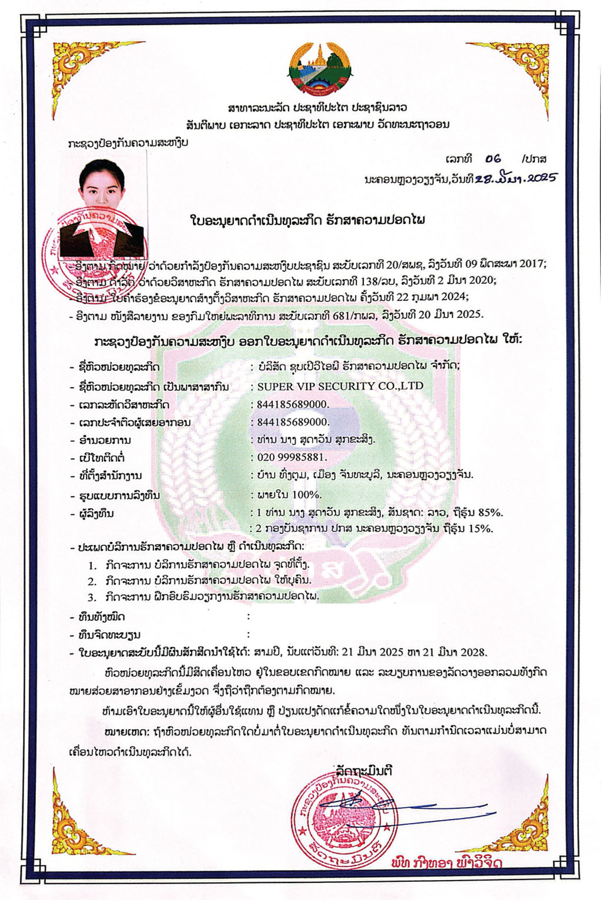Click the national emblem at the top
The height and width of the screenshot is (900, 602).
pyautogui.click(x=320, y=69)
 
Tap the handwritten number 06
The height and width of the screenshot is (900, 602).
pyautogui.click(x=493, y=159)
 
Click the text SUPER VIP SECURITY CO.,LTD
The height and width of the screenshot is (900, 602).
pyautogui.click(x=340, y=387)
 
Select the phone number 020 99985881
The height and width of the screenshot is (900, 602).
pyautogui.click(x=292, y=457)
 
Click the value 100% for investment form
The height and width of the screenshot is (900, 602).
pyautogui.click(x=306, y=495)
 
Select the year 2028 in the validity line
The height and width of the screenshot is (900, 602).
pyautogui.click(x=473, y=652)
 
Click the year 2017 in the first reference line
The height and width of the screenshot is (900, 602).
pyautogui.click(x=531, y=264)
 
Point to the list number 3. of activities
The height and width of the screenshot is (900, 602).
pyautogui.click(x=92, y=597)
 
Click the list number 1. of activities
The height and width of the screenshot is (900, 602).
pyautogui.click(x=92, y=565)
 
